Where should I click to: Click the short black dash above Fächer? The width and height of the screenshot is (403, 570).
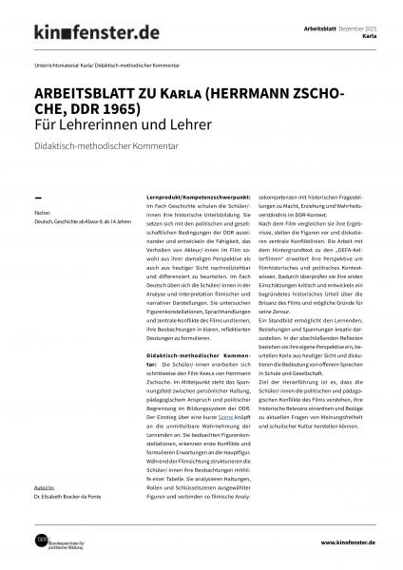click(x=37, y=193)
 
